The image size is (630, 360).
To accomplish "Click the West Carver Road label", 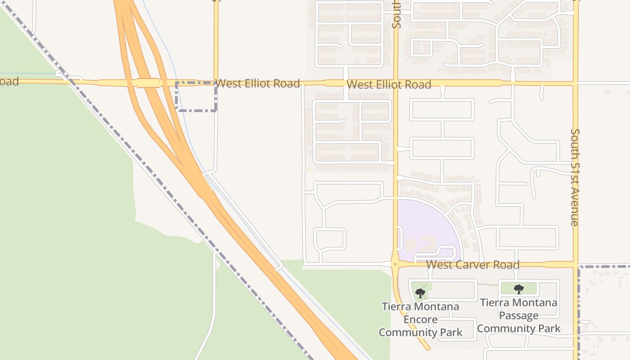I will [472, 265].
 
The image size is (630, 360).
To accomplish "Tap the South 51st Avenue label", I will [575, 177].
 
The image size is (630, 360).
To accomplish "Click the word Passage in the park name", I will [518, 315].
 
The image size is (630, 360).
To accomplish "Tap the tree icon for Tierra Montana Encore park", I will [420, 293].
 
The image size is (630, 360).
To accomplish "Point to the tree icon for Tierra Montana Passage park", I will [518, 289].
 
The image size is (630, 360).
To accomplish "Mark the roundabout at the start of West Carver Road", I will [395, 265].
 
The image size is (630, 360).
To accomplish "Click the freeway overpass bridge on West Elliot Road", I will [148, 83].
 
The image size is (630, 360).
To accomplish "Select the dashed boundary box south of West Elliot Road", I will [196, 97].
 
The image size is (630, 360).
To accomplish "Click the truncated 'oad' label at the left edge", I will [9, 81].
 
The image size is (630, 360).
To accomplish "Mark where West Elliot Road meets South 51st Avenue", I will [575, 83].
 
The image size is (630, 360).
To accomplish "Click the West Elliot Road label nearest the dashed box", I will [257, 83].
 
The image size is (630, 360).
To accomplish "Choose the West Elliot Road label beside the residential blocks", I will [389, 84].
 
